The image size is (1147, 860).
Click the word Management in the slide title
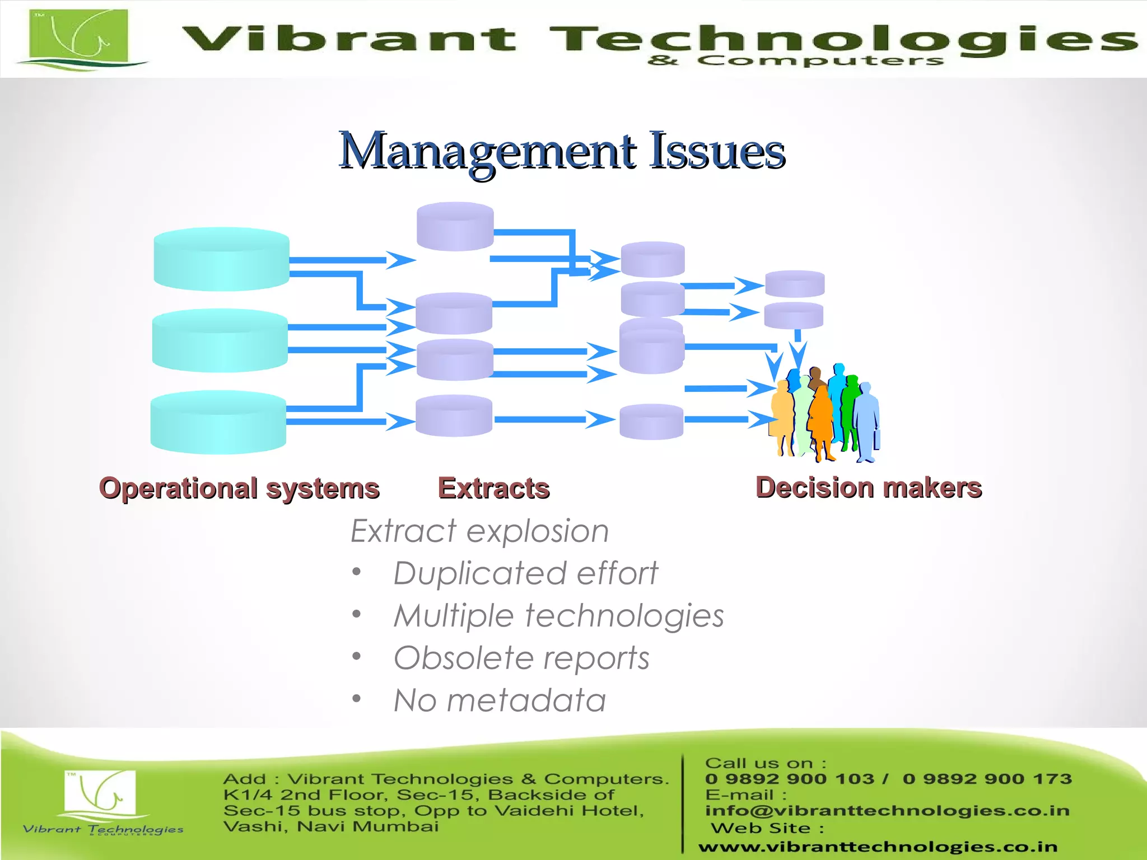pyautogui.click(x=488, y=151)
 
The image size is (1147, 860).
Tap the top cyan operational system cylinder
pyautogui.click(x=221, y=259)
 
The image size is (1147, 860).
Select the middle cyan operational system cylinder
pyautogui.click(x=220, y=340)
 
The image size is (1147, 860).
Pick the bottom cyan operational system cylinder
pyautogui.click(x=218, y=422)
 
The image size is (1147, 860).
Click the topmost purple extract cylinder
pyautogui.click(x=455, y=226)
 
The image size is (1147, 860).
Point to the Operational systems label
pyautogui.click(x=240, y=488)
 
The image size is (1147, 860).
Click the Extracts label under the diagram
pyautogui.click(x=493, y=488)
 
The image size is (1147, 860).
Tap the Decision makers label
pyautogui.click(x=869, y=488)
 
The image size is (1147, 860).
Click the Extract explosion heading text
pyautogui.click(x=479, y=531)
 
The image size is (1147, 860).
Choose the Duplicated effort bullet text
pyautogui.click(x=525, y=573)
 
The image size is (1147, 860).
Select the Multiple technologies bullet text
pyautogui.click(x=558, y=616)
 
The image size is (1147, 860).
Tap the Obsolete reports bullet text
pyautogui.click(x=521, y=658)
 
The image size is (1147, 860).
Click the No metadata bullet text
pyautogui.click(x=500, y=700)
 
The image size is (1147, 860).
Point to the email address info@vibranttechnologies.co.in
pyautogui.click(x=887, y=810)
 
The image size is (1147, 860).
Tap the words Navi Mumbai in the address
pyautogui.click(x=367, y=826)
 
